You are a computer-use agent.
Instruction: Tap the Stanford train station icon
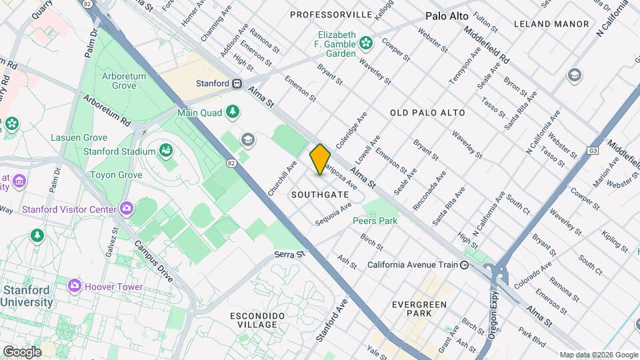point(236,84)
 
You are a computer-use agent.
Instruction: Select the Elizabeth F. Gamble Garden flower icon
point(365,44)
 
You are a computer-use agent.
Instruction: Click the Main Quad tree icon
point(233,112)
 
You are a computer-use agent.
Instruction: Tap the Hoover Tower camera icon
point(75,286)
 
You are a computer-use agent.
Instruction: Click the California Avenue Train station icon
point(465,265)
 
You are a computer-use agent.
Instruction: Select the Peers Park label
point(375,221)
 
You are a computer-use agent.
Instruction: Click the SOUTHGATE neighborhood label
point(320,195)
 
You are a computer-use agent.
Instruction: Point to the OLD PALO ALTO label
point(427,113)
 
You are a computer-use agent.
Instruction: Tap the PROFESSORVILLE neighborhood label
point(331,14)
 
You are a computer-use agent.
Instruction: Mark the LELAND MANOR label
point(551,24)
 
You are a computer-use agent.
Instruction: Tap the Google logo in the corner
point(21,351)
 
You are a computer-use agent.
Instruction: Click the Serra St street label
point(289,255)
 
